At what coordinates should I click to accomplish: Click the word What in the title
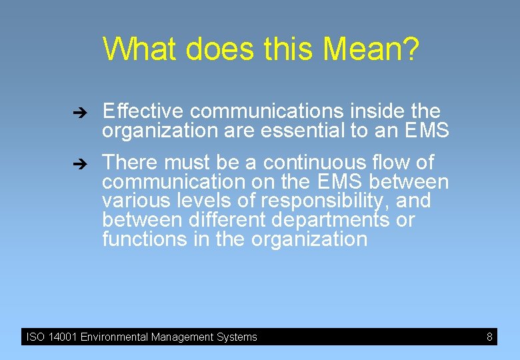[140, 49]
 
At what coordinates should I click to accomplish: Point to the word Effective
[144, 111]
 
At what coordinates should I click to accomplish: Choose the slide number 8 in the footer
[489, 337]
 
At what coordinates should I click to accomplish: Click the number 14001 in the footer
[63, 337]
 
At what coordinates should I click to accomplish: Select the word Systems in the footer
[237, 337]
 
